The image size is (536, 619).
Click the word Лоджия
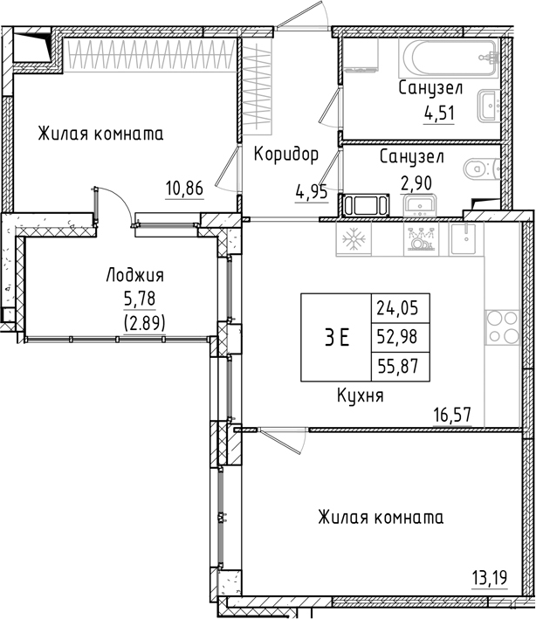click(134, 276)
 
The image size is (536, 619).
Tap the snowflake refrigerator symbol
click(354, 239)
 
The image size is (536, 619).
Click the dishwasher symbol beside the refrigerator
click(418, 239)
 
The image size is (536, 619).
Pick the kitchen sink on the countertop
click(466, 237)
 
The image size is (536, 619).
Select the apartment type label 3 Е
click(336, 339)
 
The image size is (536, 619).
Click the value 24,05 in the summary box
click(395, 306)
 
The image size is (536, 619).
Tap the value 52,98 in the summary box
click(395, 337)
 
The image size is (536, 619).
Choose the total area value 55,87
click(395, 367)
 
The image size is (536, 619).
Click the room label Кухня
click(361, 395)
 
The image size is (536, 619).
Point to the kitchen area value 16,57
click(452, 416)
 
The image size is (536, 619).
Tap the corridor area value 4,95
click(312, 192)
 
